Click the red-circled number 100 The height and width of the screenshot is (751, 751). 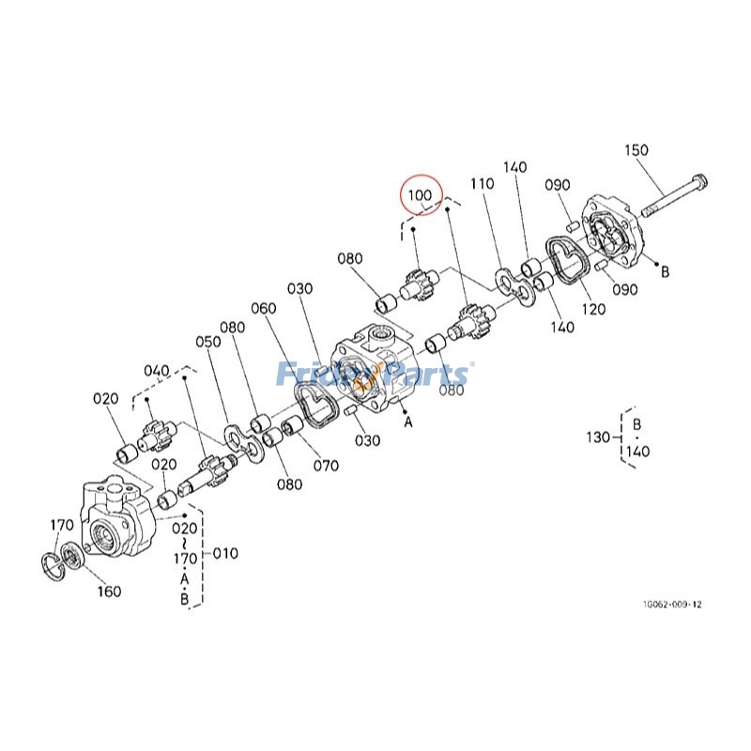pos(419,195)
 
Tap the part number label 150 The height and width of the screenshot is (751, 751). pos(636,150)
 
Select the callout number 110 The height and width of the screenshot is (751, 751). pos(483,185)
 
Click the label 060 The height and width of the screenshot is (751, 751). pos(264,309)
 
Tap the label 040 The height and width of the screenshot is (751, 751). pos(157,371)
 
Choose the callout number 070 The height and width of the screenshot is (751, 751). pos(325,464)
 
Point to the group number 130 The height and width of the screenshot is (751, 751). pos(597,437)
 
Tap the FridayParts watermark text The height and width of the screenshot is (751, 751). pos(375,376)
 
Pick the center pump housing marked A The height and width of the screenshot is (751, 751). pos(376,372)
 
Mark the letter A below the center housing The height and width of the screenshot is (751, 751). pos(408,422)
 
